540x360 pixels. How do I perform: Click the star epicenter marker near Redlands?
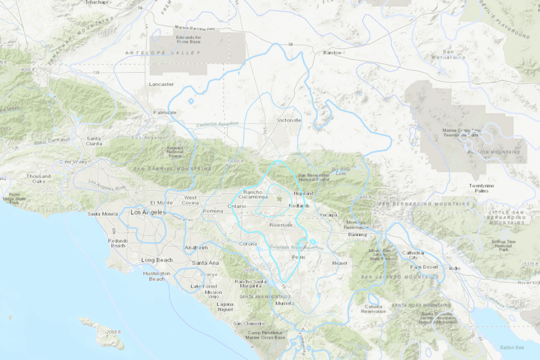click(x=279, y=199)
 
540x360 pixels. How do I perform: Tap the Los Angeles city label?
click(x=147, y=212)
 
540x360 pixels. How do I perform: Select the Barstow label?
click(x=332, y=52)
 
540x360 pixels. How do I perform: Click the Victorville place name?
click(x=289, y=120)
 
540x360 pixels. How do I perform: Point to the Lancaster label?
click(x=161, y=84)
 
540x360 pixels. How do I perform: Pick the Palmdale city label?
click(x=164, y=112)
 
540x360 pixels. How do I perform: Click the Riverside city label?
click(x=281, y=225)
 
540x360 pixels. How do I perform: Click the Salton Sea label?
click(x=511, y=347)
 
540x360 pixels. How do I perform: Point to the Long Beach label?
click(x=156, y=260)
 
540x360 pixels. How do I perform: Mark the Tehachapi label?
click(x=97, y=2)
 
